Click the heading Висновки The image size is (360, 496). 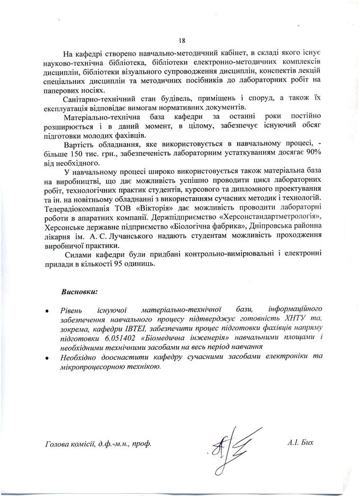pos(80,291)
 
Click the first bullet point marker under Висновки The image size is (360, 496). pos(48,309)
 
